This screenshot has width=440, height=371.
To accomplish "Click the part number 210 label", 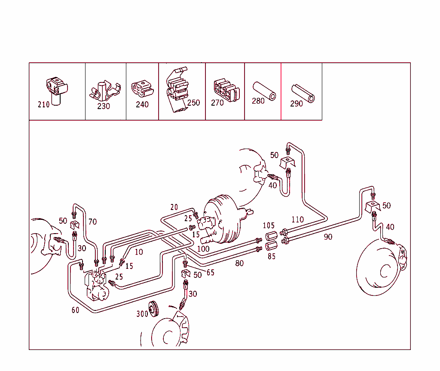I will [x=43, y=105].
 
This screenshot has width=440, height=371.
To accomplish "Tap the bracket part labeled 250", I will [x=177, y=91].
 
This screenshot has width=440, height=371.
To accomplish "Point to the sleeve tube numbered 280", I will [x=263, y=91].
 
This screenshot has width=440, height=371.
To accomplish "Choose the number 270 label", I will [x=217, y=103].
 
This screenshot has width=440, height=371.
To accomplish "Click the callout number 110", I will [x=297, y=220].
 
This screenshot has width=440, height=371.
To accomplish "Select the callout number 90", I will [x=328, y=237].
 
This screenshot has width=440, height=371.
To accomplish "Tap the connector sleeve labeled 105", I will [x=271, y=237].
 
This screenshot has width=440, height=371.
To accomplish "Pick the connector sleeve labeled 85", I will [x=271, y=246].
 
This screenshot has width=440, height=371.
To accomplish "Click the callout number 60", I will [x=75, y=310].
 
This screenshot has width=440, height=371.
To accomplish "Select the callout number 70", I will [x=92, y=222].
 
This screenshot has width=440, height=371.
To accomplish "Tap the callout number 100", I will [x=203, y=249].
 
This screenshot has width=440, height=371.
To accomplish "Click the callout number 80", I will [x=239, y=263].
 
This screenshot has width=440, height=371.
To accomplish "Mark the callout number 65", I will [x=210, y=272].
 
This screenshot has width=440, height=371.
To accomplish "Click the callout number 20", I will [x=174, y=207].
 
